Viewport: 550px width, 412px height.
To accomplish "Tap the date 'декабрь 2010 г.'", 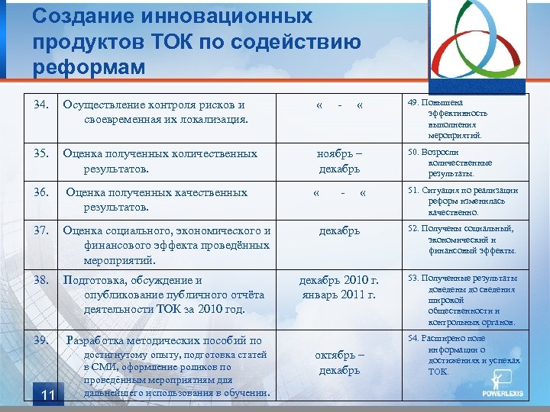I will [339, 280].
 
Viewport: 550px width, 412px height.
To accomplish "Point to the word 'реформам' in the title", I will [89, 66].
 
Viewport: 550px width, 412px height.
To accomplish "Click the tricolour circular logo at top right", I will [480, 47].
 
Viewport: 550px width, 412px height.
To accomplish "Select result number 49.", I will [413, 103].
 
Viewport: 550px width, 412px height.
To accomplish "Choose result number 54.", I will [413, 338].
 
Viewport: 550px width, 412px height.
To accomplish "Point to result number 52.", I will [413, 228].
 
